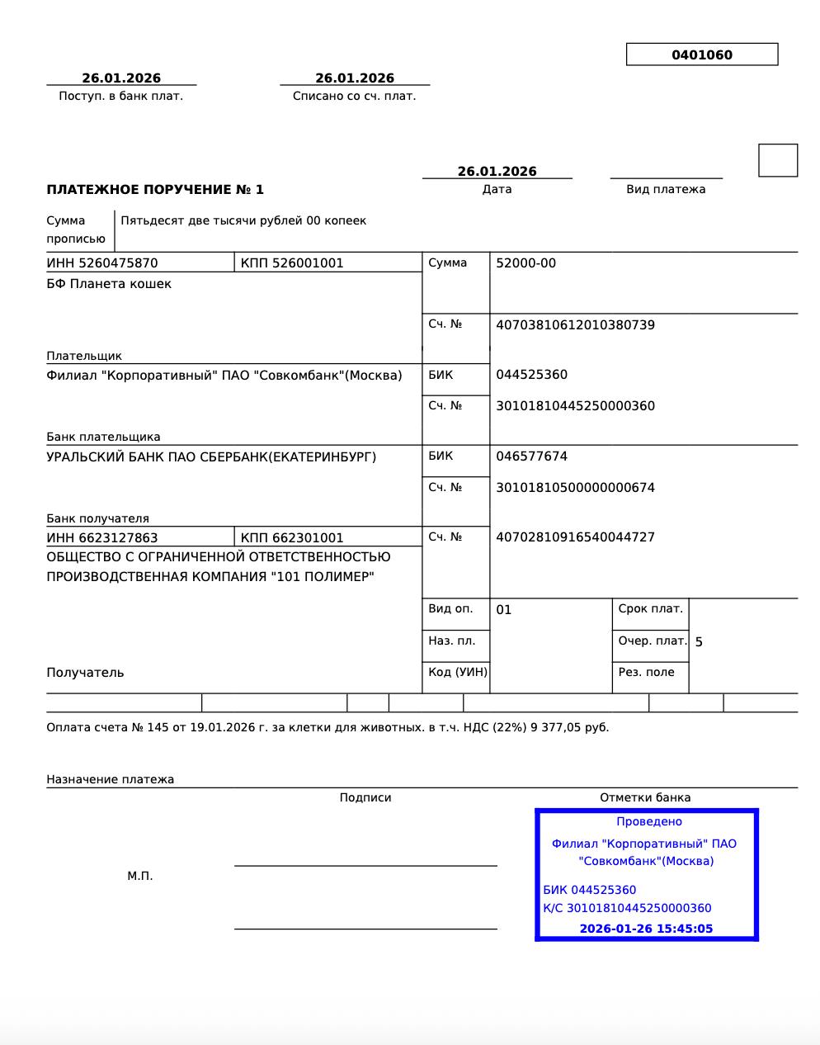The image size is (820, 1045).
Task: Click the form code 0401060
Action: pos(701,55)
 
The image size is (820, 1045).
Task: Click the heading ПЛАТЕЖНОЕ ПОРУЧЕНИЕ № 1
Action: pos(155,190)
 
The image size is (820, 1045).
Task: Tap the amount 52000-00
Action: pos(525,263)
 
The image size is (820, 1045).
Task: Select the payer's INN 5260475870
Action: pos(102,263)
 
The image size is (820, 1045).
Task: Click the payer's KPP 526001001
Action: pos(292,263)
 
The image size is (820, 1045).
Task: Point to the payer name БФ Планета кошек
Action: pos(109,284)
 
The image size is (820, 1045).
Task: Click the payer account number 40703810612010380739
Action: pos(575,325)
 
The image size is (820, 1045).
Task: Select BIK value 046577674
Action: pos(531,456)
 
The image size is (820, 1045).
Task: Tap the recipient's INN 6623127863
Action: pos(102,538)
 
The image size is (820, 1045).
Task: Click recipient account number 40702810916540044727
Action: pos(575,537)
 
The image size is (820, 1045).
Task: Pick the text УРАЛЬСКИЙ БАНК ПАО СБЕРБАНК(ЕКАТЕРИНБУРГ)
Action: pos(211,456)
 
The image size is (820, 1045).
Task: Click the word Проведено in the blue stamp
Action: pos(649,821)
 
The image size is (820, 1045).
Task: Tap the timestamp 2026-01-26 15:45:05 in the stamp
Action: pos(646,929)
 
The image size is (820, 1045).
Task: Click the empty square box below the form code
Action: pos(778,160)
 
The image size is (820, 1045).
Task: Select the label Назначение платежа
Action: pos(110,779)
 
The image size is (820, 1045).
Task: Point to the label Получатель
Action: pos(85,673)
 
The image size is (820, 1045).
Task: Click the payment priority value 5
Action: pos(699,642)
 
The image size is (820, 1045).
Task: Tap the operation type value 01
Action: pos(504,610)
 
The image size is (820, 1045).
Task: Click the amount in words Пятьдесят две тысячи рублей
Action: pos(243,221)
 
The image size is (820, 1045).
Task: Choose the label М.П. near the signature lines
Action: pos(140,876)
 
